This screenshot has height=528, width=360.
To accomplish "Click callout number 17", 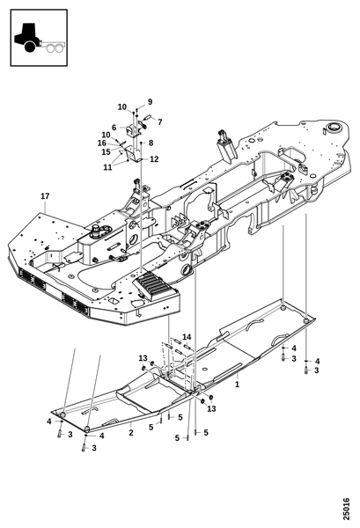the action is click(45, 196).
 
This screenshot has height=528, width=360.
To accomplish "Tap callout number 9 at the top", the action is click(150, 102).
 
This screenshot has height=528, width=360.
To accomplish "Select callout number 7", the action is click(159, 121).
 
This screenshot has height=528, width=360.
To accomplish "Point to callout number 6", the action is click(114, 128).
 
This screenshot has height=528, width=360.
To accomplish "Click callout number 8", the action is click(151, 143).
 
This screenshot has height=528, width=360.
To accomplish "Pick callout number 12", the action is click(154, 159).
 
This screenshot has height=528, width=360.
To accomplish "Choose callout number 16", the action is click(102, 143).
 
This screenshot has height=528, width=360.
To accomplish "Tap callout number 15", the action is click(107, 152).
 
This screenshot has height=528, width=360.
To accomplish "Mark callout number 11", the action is click(107, 167).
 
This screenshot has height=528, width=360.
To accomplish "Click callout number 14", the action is click(187, 337).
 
